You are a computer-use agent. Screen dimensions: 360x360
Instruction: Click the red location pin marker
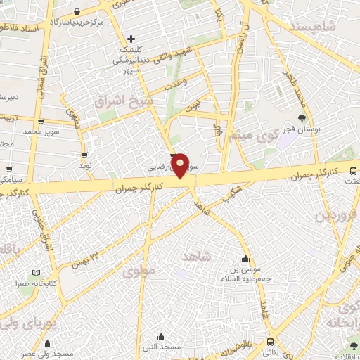(180, 165)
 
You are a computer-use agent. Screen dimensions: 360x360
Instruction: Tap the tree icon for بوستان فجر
(302, 117)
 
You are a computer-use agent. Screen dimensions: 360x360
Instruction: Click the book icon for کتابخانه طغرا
(37, 272)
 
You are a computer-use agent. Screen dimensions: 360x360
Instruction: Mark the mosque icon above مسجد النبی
(162, 335)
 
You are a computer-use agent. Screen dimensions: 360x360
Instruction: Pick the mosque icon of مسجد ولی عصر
(47, 344)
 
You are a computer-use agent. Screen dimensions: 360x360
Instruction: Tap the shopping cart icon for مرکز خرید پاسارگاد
(76, 11)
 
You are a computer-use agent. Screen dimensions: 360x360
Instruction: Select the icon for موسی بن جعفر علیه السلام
(246, 258)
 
